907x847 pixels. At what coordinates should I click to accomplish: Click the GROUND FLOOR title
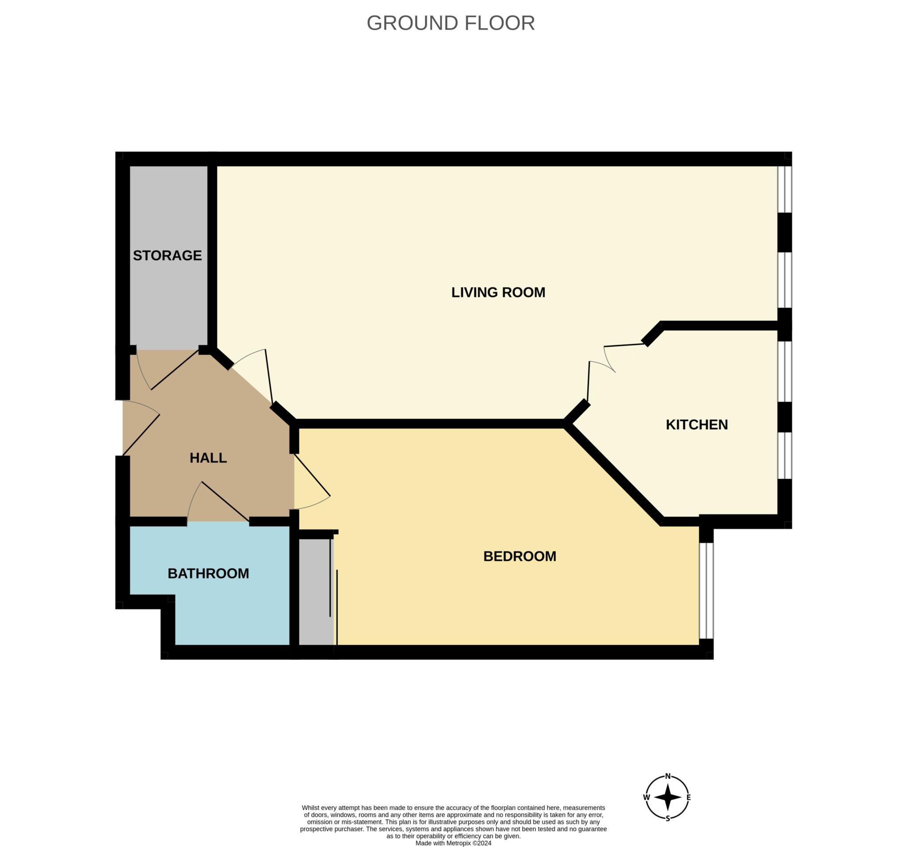pos(450,23)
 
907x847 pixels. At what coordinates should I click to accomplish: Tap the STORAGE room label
pos(167,255)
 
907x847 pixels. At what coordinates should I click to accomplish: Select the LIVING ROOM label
pos(498,292)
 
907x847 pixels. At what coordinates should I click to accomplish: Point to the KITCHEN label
pos(696,424)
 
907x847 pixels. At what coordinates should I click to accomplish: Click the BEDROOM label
pos(519,556)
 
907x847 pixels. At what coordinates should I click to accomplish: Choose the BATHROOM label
pos(208,574)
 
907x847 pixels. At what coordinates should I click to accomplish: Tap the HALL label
pos(208,458)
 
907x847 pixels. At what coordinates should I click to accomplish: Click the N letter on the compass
pos(667,776)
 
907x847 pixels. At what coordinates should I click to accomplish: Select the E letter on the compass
pos(689,797)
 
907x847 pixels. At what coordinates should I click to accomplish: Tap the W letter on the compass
pos(646,797)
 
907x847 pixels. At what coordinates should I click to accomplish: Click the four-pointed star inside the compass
pos(667,797)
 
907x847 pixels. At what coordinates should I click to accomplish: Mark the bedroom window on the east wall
pos(706,591)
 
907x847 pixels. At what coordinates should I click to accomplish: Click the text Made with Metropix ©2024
pos(453,843)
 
